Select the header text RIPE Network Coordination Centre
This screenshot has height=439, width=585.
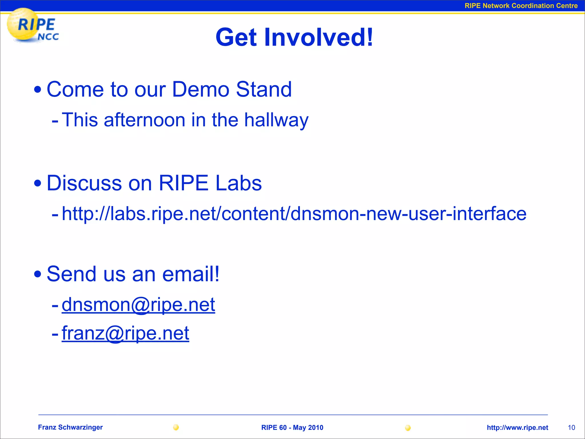[x=521, y=6]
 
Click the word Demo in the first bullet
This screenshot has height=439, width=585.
[x=201, y=89]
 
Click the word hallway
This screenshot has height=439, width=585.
[x=276, y=120]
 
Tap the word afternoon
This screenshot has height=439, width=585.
[x=145, y=120]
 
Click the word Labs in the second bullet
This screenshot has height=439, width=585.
[x=239, y=183]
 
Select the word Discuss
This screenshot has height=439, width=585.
[x=84, y=183]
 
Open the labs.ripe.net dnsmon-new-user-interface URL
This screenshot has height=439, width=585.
[x=294, y=214]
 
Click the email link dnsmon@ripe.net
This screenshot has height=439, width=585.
[x=138, y=305]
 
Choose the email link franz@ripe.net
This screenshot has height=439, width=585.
[x=125, y=333]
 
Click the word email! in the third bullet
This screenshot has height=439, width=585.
[x=191, y=274]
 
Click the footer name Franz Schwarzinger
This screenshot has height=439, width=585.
[x=70, y=427]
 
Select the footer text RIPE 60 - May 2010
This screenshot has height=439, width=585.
[x=292, y=428]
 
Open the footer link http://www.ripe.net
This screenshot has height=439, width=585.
[x=517, y=428]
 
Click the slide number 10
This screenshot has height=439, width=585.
[x=571, y=428]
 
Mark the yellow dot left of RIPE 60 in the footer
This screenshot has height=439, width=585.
[x=176, y=427]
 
